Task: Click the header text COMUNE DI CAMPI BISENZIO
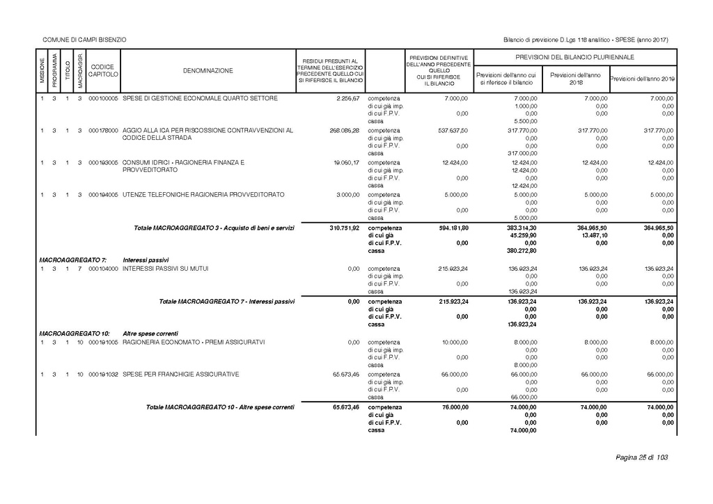84,40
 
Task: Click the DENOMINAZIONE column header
208,71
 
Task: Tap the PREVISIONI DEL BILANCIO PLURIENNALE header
574,57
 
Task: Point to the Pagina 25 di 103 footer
641,457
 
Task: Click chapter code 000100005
104,98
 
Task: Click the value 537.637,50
453,130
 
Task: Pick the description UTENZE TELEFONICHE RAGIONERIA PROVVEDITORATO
203,194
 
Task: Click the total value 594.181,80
453,228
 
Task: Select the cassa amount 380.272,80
520,251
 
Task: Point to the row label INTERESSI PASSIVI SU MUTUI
165,268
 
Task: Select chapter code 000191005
104,342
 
